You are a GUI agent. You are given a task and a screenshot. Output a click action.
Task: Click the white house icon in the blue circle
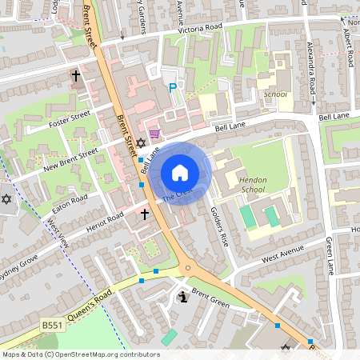180,173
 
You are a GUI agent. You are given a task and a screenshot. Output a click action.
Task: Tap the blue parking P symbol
172,87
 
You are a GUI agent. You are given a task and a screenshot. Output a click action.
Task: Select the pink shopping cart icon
154,133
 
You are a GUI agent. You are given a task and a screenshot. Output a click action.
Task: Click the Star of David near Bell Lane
141,143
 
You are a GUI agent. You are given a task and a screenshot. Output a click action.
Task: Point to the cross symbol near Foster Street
76,77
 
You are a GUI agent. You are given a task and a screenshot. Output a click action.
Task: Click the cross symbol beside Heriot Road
145,214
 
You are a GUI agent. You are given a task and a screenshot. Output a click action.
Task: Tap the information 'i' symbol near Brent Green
183,298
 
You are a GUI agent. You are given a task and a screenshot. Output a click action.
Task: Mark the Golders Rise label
219,226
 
